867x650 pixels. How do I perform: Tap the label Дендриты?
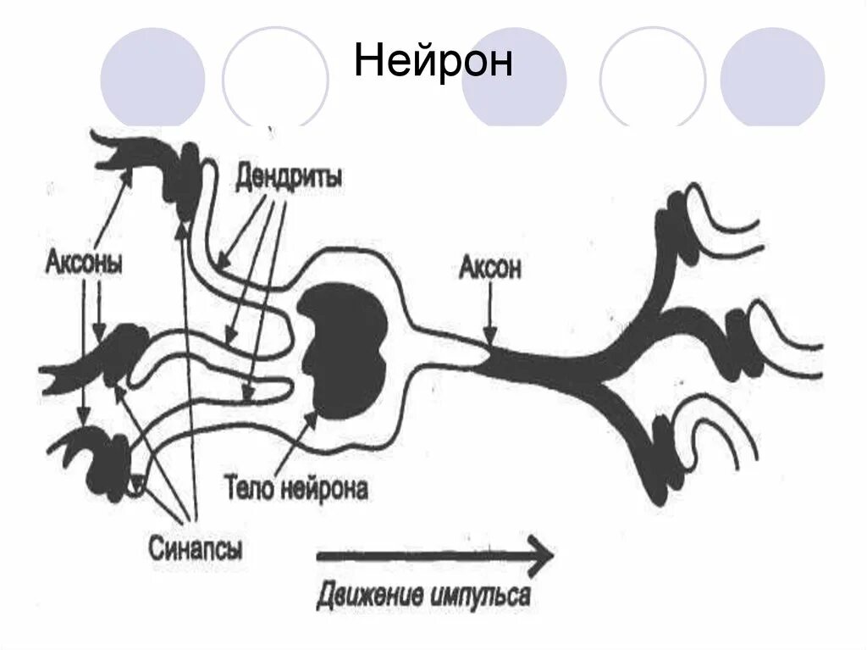(289, 179)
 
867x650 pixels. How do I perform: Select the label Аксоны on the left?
(84, 263)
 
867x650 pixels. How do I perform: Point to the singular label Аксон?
(490, 269)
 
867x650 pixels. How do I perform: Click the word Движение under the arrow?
(368, 594)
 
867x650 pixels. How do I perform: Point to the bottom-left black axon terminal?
(102, 458)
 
